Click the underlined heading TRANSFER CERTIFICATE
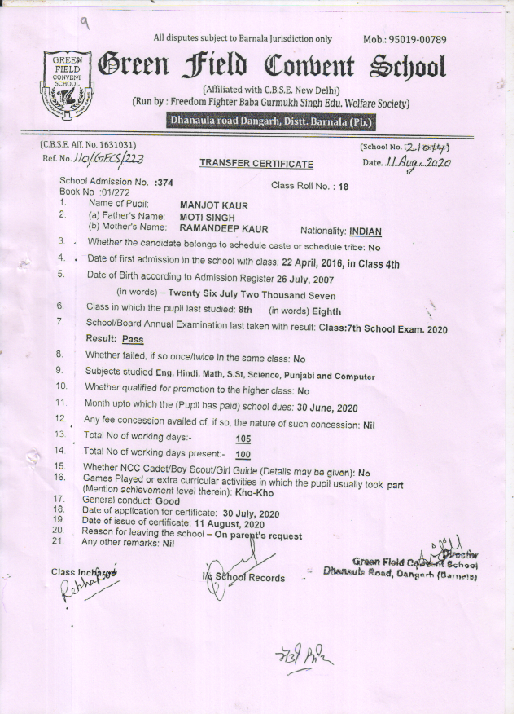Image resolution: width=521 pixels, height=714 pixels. click(x=256, y=165)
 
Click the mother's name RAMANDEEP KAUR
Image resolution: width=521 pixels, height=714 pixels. click(x=223, y=229)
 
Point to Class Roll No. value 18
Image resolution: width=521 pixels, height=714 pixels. click(x=344, y=187)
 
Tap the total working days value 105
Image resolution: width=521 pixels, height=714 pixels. click(x=242, y=439)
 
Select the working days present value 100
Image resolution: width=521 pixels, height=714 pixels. click(x=242, y=455)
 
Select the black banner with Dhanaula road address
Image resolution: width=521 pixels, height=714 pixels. click(x=269, y=122)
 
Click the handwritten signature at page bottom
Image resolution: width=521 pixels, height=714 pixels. click(x=303, y=653)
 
